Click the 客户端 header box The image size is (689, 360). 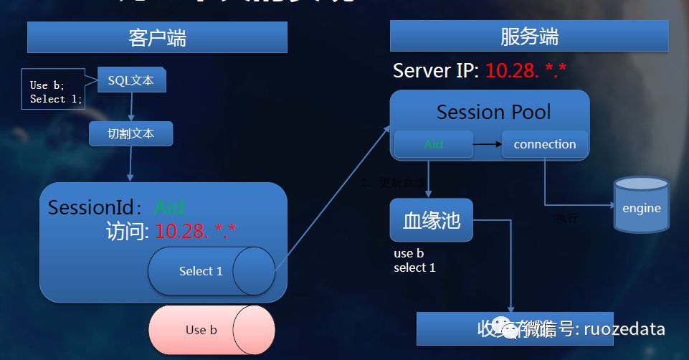click(x=157, y=37)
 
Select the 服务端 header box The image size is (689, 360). click(x=529, y=37)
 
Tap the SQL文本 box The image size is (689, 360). click(x=132, y=80)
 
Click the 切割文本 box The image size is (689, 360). click(x=130, y=133)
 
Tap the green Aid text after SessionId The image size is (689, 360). click(x=169, y=208)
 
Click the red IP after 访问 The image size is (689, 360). click(x=196, y=231)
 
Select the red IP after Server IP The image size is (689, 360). click(x=526, y=71)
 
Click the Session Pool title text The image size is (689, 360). click(x=493, y=112)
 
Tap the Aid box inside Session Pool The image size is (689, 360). click(x=433, y=144)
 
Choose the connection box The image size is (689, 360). click(x=545, y=144)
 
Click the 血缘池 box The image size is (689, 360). click(x=431, y=220)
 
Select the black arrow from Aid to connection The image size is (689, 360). click(x=487, y=145)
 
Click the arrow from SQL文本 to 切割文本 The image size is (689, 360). click(x=132, y=107)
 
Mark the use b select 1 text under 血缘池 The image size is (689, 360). click(x=414, y=260)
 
